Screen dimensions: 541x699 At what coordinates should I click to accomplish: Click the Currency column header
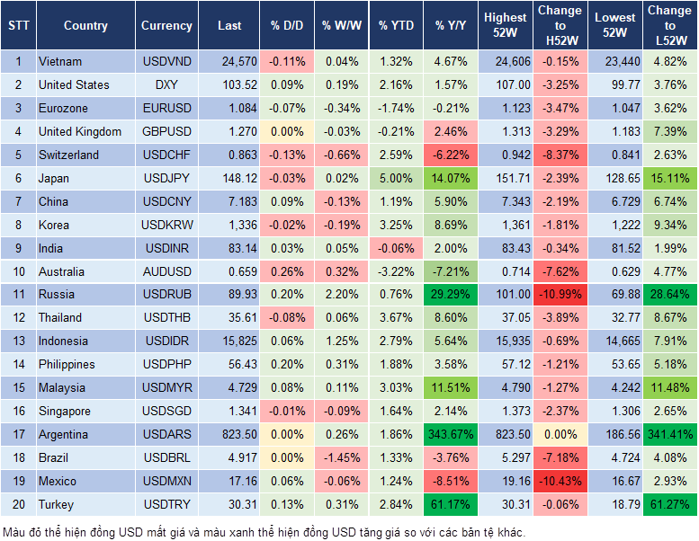coord(166,26)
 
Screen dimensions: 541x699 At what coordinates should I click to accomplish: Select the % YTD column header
coord(396,26)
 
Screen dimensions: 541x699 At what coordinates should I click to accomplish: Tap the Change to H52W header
coord(560,26)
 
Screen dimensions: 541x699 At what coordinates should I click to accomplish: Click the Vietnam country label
coord(60,61)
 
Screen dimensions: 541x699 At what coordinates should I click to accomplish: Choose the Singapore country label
coord(65,411)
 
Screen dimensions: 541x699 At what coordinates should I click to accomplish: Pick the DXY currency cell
coord(166,84)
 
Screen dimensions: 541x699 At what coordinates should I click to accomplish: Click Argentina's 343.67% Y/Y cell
coord(449,434)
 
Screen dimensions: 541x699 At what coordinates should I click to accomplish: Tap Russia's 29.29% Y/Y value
coord(449,294)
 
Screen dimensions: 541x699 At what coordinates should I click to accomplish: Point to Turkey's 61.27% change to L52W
coord(669,504)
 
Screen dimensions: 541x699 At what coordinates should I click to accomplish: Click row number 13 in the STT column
coord(18,341)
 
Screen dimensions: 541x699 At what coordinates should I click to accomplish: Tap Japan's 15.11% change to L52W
coord(669,178)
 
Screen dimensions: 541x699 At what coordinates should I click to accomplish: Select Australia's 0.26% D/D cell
coord(286,271)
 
